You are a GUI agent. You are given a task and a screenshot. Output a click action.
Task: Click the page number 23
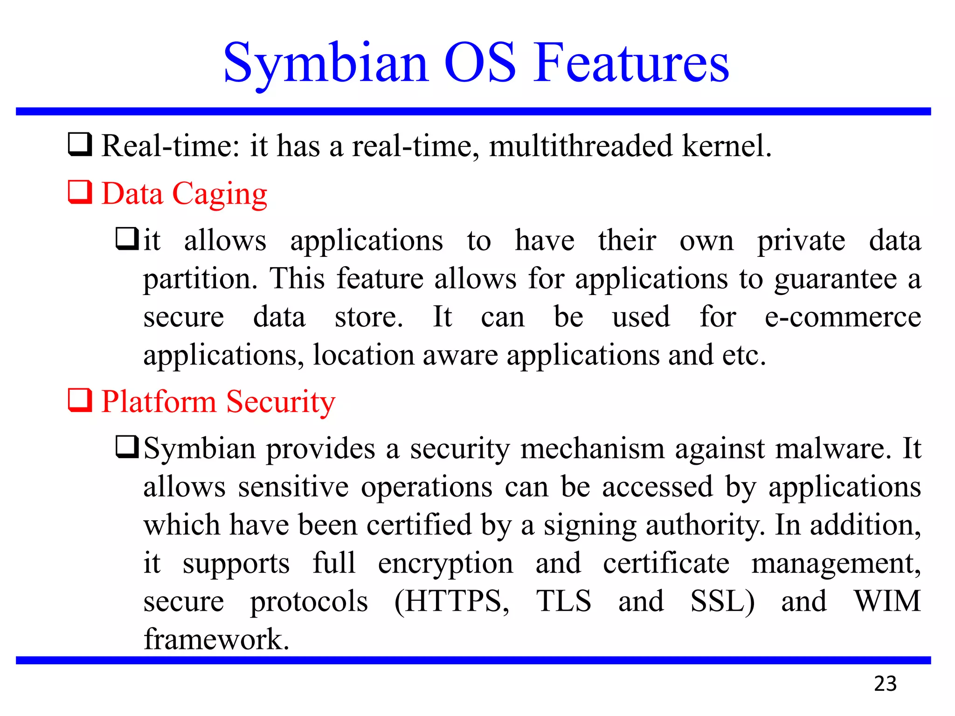tap(885, 683)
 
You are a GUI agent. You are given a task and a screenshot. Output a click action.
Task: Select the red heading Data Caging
tap(184, 193)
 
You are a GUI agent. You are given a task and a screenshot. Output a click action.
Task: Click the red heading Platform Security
tap(218, 401)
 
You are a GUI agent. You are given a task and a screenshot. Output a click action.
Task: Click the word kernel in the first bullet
tap(726, 146)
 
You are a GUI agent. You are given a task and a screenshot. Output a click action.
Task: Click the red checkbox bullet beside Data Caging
tap(80, 192)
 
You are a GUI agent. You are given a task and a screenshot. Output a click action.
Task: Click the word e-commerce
tap(843, 317)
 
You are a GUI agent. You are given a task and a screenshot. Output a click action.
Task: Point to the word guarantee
tap(835, 279)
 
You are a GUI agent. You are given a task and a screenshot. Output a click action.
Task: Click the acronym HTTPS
tap(452, 601)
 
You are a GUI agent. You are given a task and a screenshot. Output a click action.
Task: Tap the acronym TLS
tap(564, 601)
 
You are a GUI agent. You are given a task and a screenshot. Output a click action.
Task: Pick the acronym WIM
tap(887, 601)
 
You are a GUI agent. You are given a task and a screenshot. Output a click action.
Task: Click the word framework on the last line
tap(216, 639)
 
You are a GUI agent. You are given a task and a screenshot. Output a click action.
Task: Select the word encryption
tap(445, 564)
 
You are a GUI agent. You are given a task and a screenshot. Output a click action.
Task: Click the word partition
tap(200, 279)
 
